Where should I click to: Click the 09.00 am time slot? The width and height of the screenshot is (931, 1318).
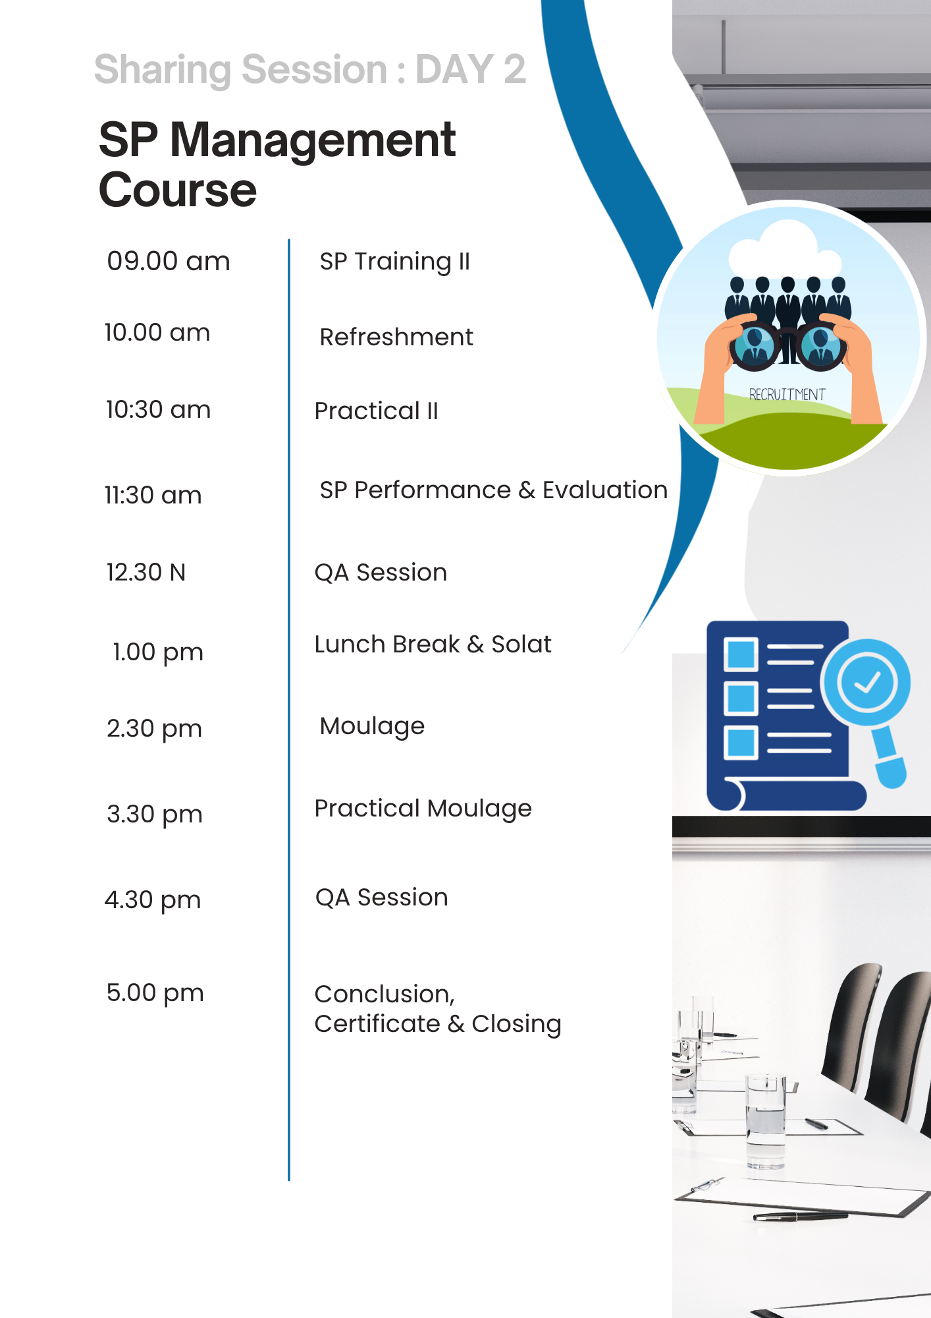coord(169,262)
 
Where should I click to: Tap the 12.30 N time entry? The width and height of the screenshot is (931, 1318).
coord(146,572)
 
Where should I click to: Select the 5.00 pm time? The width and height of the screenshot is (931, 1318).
coord(155,993)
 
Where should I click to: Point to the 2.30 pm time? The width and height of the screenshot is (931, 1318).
coord(154,729)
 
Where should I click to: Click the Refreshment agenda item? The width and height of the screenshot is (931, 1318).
coord(396,337)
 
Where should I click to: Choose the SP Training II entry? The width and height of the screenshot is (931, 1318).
coord(395,262)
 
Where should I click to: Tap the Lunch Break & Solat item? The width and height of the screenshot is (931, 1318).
coord(433,644)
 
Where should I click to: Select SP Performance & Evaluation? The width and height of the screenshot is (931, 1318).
coord(494,490)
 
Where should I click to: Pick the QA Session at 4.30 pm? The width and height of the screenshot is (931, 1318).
coord(382,898)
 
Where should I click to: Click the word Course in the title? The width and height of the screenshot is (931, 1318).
coord(178,190)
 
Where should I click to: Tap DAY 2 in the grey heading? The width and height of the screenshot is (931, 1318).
coord(471,69)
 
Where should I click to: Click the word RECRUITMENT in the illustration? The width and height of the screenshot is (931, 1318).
coord(787,394)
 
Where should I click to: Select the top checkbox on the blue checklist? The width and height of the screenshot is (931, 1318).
coord(741,654)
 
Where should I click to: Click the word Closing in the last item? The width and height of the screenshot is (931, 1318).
coord(517,1024)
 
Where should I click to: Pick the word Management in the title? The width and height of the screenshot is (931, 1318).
coord(313,141)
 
